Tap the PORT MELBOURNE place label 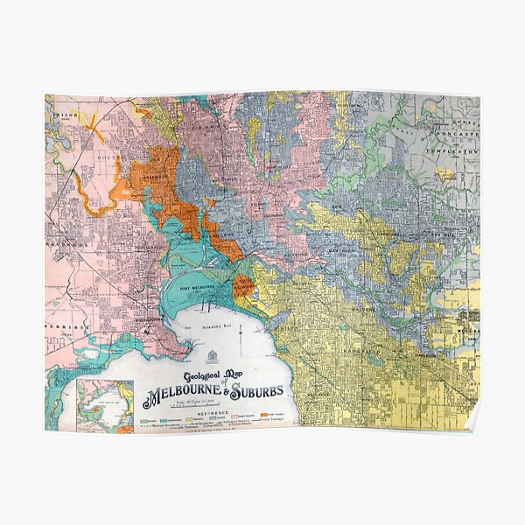pyautogui.click(x=202, y=290)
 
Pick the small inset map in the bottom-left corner pyautogui.click(x=105, y=405)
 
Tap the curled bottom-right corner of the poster pyautogui.click(x=472, y=423)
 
